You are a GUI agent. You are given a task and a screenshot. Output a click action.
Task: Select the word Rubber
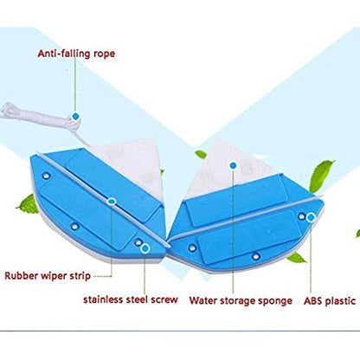click(x=21, y=275)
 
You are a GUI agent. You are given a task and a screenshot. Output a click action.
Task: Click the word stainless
click(x=103, y=299)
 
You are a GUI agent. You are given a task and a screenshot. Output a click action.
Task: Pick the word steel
click(x=138, y=299)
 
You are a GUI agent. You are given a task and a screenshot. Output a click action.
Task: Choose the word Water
click(x=203, y=300)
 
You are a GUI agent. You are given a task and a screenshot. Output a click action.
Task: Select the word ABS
click(x=313, y=301)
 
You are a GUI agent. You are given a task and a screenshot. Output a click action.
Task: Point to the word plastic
click(x=340, y=301)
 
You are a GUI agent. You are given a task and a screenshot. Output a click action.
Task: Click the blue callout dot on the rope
click(x=75, y=117)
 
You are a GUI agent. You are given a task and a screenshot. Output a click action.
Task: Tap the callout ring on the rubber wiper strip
click(x=112, y=202)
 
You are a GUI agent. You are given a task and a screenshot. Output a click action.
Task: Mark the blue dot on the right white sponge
click(x=233, y=165)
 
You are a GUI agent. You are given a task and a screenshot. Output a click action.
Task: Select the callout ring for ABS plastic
click(x=311, y=217)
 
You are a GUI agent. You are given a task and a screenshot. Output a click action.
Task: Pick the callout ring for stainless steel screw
click(x=145, y=248)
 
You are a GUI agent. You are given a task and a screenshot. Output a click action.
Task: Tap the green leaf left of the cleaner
click(x=29, y=204)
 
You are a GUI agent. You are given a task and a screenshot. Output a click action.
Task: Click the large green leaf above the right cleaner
click(x=321, y=177)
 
